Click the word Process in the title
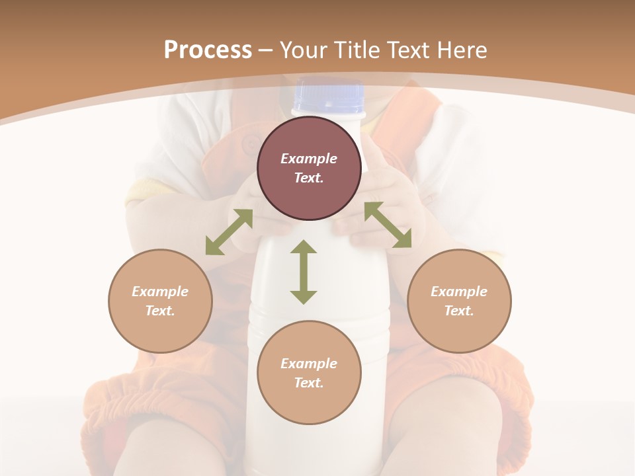pos(208,50)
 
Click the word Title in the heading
pos(356,50)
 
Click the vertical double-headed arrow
pos(304,272)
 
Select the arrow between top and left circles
pos(229,232)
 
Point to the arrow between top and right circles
pos(388,225)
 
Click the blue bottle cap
pos(329,96)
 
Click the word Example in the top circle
pos(309,159)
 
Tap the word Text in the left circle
pos(160,311)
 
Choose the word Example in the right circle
pos(459,292)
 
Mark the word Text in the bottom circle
pos(309,383)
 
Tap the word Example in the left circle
pos(160,292)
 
